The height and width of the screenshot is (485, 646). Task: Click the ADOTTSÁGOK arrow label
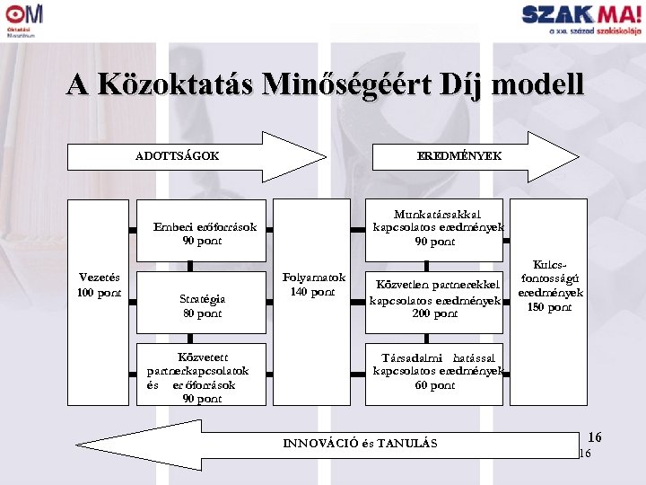click(x=177, y=155)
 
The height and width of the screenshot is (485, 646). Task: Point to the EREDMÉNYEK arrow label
click(x=459, y=155)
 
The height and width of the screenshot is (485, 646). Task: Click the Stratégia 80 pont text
click(x=202, y=306)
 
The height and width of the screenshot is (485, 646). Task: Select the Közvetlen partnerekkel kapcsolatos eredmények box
click(x=436, y=300)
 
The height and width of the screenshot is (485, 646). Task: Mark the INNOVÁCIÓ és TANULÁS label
click(x=360, y=443)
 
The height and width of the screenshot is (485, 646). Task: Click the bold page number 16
click(x=594, y=437)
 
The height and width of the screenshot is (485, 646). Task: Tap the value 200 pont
click(x=435, y=313)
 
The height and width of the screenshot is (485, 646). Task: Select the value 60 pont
click(x=435, y=385)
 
